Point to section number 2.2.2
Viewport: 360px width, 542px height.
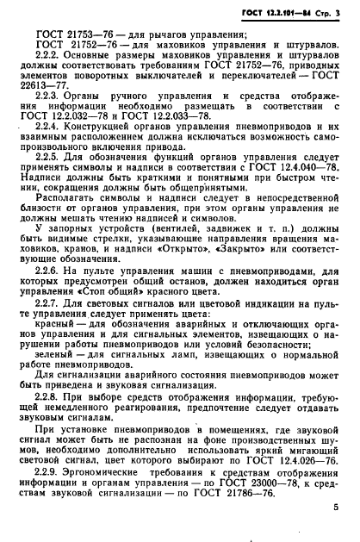pos(55,54)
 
